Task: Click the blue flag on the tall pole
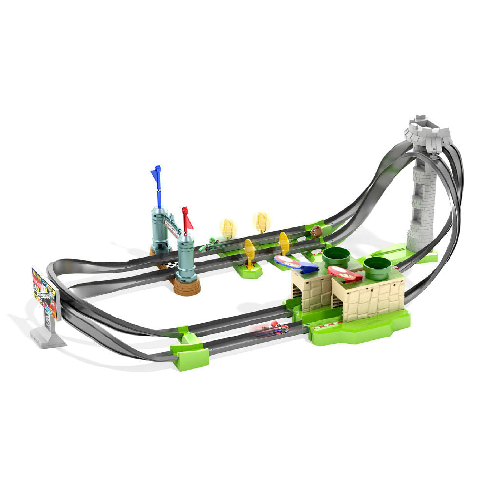point(156,174)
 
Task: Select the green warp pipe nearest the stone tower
point(377,265)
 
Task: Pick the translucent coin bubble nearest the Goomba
point(262,222)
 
